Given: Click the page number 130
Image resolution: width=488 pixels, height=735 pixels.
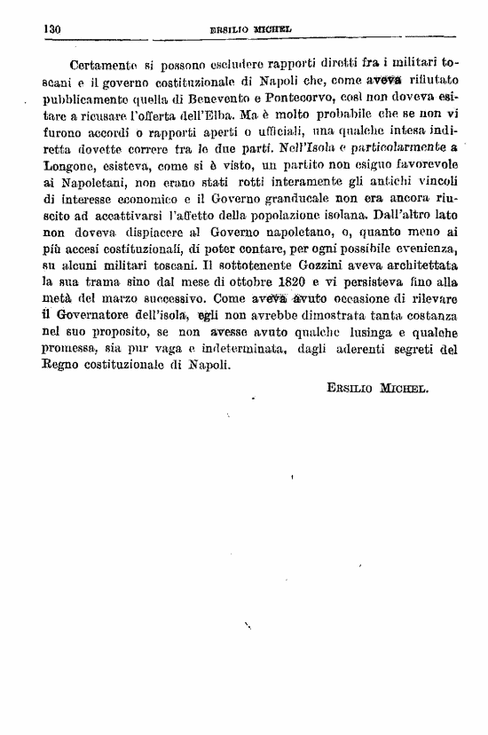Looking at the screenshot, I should pos(51,28).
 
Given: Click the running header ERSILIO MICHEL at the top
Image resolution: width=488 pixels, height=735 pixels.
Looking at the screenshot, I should pos(251,29).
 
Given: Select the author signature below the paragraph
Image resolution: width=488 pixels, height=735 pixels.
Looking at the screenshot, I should pos(378,389).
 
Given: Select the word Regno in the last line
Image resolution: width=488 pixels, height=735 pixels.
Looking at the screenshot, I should pos(64,364).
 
